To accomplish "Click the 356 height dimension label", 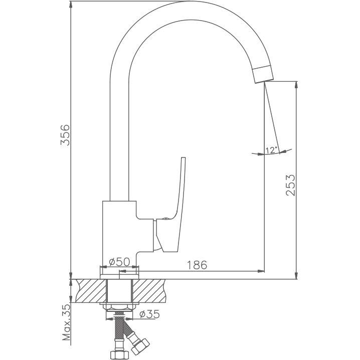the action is point(65,135).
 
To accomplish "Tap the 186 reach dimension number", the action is point(197,265).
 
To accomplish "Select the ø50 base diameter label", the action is point(119,262).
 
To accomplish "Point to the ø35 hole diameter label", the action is point(149,314).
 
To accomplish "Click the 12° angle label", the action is point(271,150).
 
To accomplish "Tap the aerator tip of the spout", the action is point(263,74).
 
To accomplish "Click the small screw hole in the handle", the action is point(164,219).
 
